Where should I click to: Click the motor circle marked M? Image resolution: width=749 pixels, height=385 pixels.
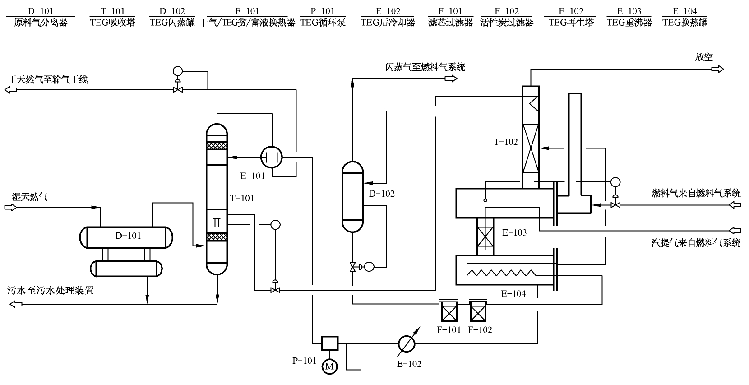(x=329, y=366)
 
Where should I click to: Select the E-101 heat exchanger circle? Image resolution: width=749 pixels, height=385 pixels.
(x=272, y=158)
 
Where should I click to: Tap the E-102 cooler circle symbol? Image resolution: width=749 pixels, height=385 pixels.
(x=406, y=344)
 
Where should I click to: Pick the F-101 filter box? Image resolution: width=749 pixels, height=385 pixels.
(x=448, y=311)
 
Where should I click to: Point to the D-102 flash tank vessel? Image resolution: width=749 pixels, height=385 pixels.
(x=352, y=196)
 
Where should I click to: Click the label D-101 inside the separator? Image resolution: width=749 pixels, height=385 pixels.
(x=128, y=236)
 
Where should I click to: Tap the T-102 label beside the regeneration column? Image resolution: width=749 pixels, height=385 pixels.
(x=505, y=142)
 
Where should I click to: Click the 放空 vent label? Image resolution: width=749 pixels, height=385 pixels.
(x=704, y=57)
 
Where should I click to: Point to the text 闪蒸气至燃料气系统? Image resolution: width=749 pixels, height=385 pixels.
(x=425, y=67)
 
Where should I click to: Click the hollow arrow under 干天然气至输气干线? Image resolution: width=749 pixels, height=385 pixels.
(x=11, y=90)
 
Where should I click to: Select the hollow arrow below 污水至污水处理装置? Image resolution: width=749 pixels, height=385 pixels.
(x=15, y=304)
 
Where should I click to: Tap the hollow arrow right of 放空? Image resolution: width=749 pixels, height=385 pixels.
(x=717, y=69)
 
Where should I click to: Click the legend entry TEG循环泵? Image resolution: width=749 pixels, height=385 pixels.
(x=323, y=22)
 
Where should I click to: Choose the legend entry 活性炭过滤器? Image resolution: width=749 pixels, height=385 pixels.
(x=506, y=22)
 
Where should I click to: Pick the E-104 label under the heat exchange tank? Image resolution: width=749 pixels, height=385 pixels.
(x=513, y=294)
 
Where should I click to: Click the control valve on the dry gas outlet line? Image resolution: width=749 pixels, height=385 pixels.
(x=177, y=90)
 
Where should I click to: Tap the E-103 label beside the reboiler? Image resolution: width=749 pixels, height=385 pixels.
(x=514, y=233)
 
